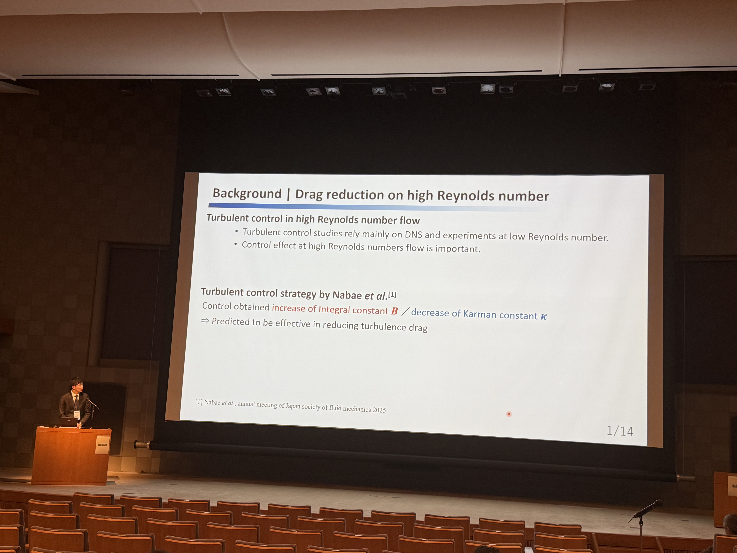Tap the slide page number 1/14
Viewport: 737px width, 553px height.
tap(620, 431)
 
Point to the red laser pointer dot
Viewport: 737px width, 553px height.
tap(509, 414)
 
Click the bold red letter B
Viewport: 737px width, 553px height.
tap(394, 311)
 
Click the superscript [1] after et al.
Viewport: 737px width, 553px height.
tap(392, 294)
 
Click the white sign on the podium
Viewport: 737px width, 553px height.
tap(102, 445)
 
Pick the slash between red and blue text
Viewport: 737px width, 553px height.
tap(406, 311)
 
